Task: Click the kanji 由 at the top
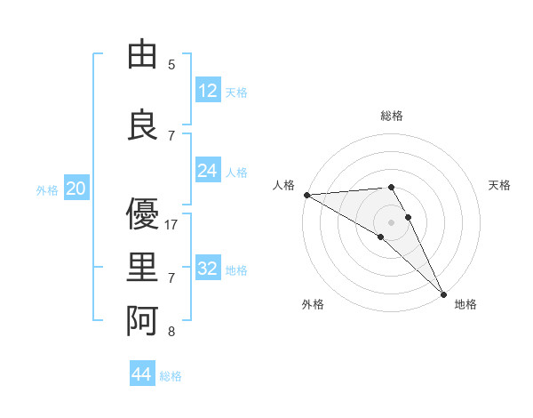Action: click(x=142, y=55)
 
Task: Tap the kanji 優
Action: click(x=142, y=215)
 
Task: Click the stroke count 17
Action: click(x=171, y=225)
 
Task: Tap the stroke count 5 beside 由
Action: click(x=171, y=64)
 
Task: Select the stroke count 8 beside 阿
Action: click(x=171, y=332)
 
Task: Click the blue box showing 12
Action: click(x=208, y=90)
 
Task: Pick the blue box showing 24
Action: click(x=208, y=170)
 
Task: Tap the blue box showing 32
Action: click(x=208, y=268)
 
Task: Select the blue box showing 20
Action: click(x=76, y=188)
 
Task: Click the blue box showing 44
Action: click(x=141, y=374)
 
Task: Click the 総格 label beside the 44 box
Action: click(x=171, y=376)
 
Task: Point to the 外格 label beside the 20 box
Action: click(x=47, y=190)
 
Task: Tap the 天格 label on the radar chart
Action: click(x=500, y=185)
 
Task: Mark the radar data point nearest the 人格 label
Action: click(x=306, y=195)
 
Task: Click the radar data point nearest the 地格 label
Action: click(x=443, y=293)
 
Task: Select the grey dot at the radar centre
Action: click(x=391, y=221)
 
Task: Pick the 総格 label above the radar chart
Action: click(x=391, y=116)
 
